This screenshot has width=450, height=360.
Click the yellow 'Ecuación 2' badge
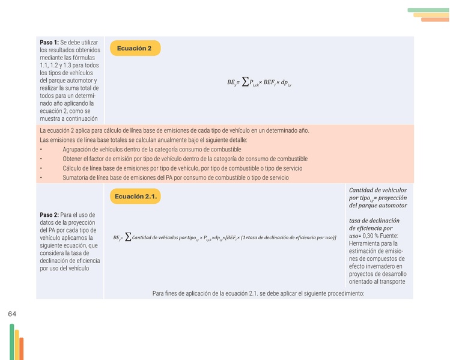tap(135, 48)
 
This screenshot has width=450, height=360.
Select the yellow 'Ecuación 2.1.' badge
tap(136, 196)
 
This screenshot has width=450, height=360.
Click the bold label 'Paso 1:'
tap(49, 42)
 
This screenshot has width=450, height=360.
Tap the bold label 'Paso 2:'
tap(49, 215)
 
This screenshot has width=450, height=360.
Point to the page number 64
tap(13, 314)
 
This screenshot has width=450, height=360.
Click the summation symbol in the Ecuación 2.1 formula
tap(127, 237)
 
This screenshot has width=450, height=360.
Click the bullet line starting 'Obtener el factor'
tap(184, 159)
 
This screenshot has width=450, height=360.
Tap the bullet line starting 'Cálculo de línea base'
tap(182, 168)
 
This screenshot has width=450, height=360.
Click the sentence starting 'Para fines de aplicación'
tap(258, 293)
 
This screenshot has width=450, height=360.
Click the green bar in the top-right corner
tap(428, 10)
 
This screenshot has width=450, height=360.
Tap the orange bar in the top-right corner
tap(435, 19)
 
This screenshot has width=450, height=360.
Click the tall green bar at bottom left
tap(11, 341)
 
